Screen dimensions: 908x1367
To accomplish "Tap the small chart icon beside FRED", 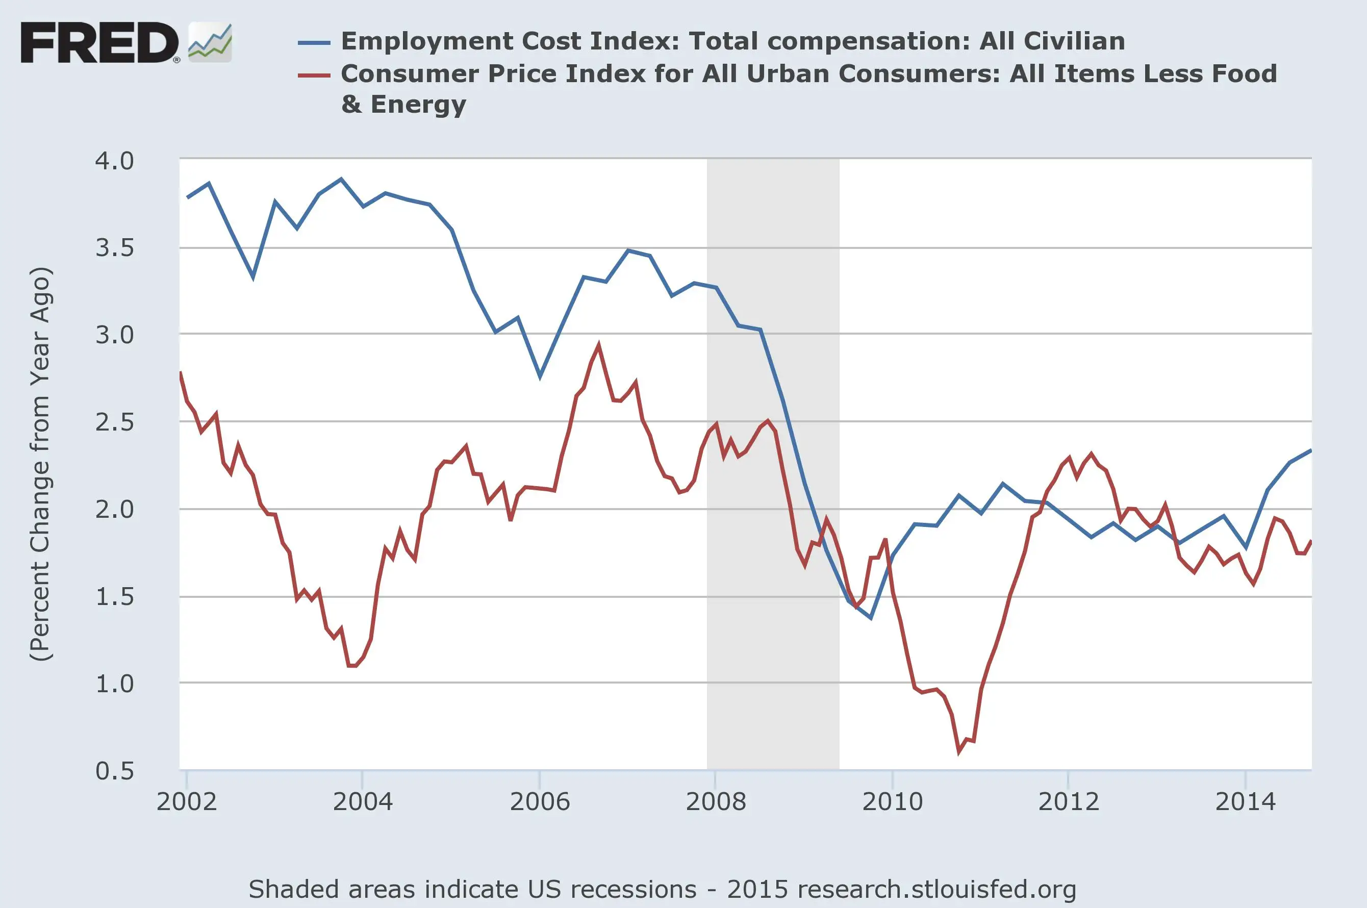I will tap(210, 42).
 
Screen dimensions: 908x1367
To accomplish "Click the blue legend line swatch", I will tap(314, 42).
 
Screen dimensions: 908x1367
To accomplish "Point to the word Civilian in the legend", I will tap(1074, 42).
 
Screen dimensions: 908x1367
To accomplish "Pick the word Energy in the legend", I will tap(418, 105).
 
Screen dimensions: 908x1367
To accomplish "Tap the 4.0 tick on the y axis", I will tap(114, 161).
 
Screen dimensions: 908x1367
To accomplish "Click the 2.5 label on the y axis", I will tap(114, 422).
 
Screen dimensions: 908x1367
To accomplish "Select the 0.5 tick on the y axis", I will tap(114, 771).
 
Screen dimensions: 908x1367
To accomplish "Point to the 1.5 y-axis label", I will tap(114, 596).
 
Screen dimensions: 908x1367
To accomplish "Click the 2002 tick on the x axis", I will tap(187, 801).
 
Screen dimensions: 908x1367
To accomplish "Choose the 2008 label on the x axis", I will tap(716, 801).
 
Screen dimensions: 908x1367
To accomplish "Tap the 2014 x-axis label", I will tap(1245, 801).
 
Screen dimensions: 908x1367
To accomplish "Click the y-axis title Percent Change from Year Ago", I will tap(40, 463).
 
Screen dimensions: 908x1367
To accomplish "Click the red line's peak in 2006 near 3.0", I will tap(598, 345).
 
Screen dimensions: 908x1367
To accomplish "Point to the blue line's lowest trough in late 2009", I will tap(870, 618).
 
